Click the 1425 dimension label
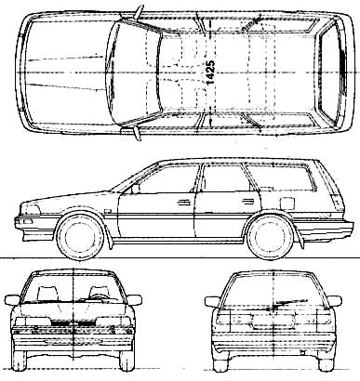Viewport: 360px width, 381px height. pyautogui.click(x=210, y=72)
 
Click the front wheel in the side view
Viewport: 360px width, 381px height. pyautogui.click(x=80, y=236)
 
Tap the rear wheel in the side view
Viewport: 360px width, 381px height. pyautogui.click(x=271, y=237)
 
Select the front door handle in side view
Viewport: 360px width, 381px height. pyautogui.click(x=183, y=203)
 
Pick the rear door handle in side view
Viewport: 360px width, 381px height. pyautogui.click(x=247, y=202)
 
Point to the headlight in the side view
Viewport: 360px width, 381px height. pyautogui.click(x=30, y=210)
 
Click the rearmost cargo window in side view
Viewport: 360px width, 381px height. pyautogui.click(x=282, y=177)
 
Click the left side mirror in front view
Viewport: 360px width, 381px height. pyautogui.click(x=12, y=300)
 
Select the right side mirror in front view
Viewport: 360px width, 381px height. pyautogui.click(x=135, y=300)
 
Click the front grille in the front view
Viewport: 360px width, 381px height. pyautogui.click(x=73, y=323)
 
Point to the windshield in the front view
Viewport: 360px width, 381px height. pyautogui.click(x=73, y=288)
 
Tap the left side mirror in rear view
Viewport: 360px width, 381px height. pyautogui.click(x=212, y=302)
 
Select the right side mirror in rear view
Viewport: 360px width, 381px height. pyautogui.click(x=334, y=301)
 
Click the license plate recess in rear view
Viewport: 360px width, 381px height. pyautogui.click(x=273, y=322)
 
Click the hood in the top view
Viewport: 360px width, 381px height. pyautogui.click(x=67, y=72)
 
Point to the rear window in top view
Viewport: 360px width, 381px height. pyautogui.click(x=329, y=72)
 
